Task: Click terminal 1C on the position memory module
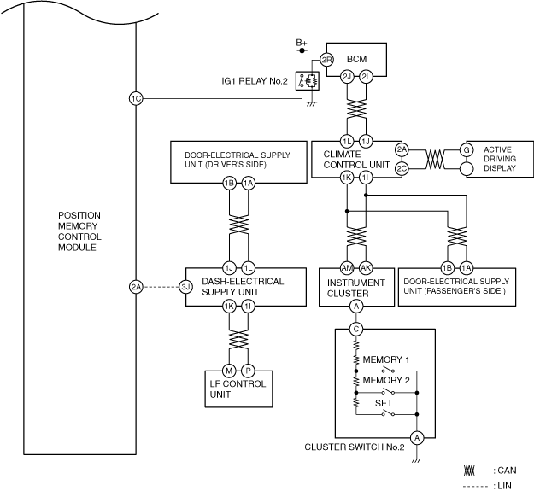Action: [135, 99]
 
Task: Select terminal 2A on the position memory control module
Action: [135, 287]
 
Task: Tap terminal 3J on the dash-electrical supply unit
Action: [186, 287]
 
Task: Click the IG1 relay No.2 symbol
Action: [306, 81]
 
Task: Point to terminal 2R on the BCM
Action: [326, 60]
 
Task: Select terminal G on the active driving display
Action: [467, 149]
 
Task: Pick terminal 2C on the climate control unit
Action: [402, 168]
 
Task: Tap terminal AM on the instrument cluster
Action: [348, 266]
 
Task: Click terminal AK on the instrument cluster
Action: [366, 266]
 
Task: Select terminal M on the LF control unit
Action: [229, 370]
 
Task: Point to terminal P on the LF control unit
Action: [248, 370]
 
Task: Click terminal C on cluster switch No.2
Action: [356, 329]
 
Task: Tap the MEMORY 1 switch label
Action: [386, 359]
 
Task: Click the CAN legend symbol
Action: [468, 470]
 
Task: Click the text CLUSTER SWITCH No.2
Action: [354, 446]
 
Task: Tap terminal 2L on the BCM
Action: [366, 76]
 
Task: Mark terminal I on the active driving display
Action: [467, 168]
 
